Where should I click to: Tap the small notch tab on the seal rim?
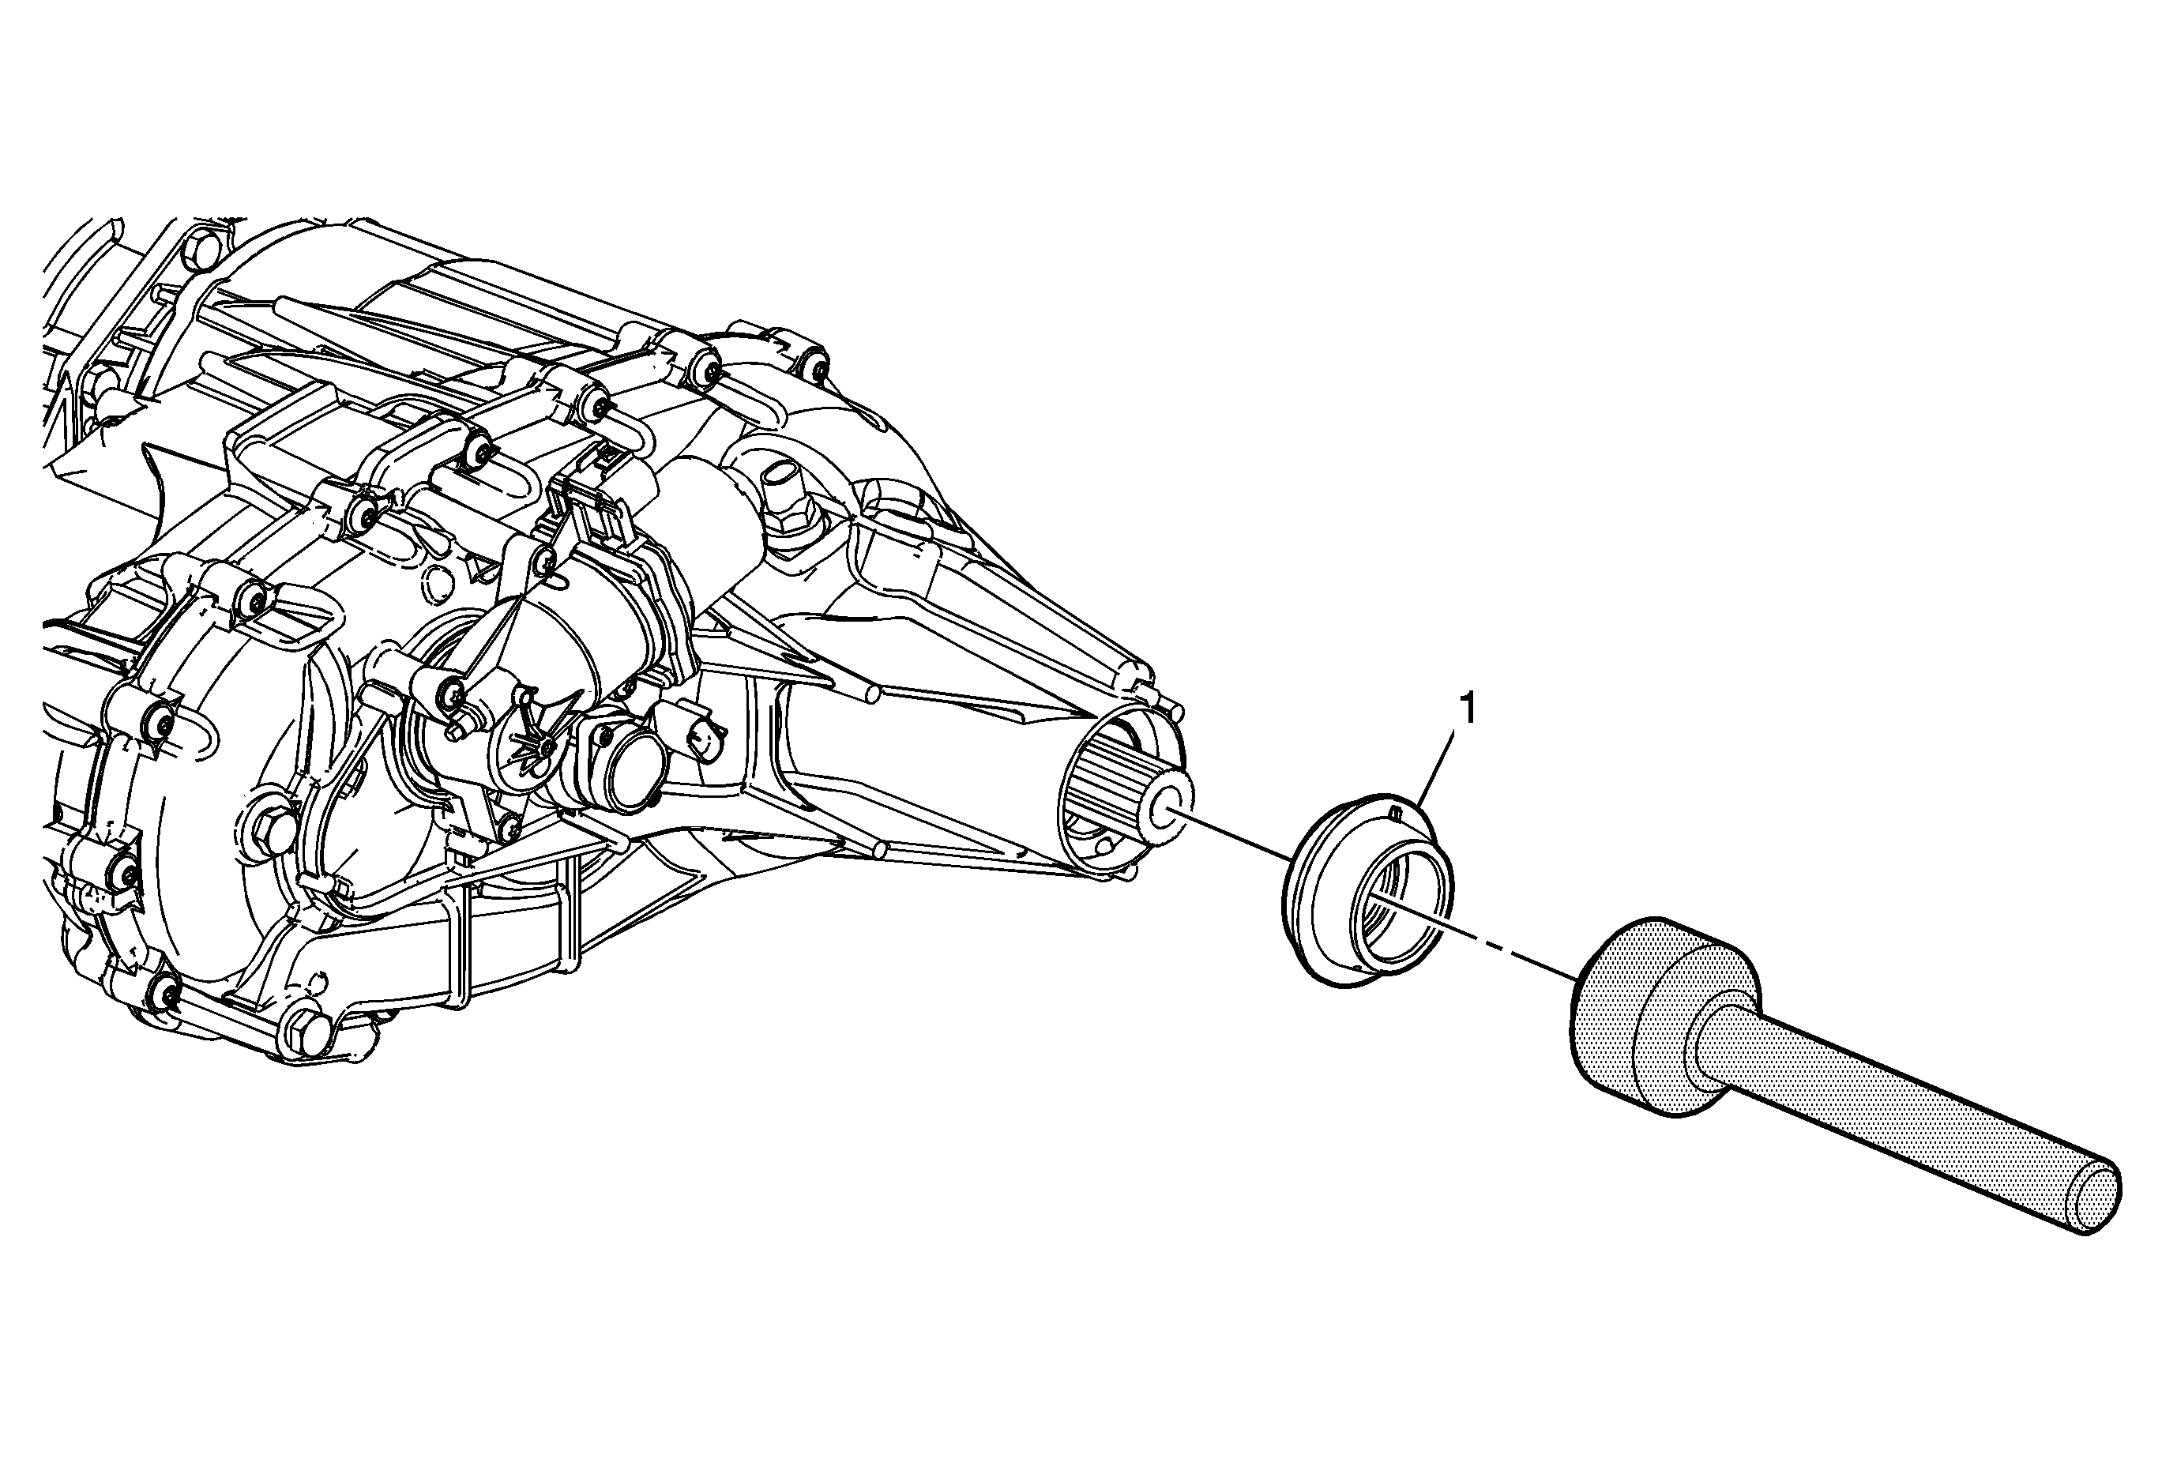[x=1395, y=811]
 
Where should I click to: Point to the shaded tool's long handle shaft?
[x=1901, y=1132]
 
